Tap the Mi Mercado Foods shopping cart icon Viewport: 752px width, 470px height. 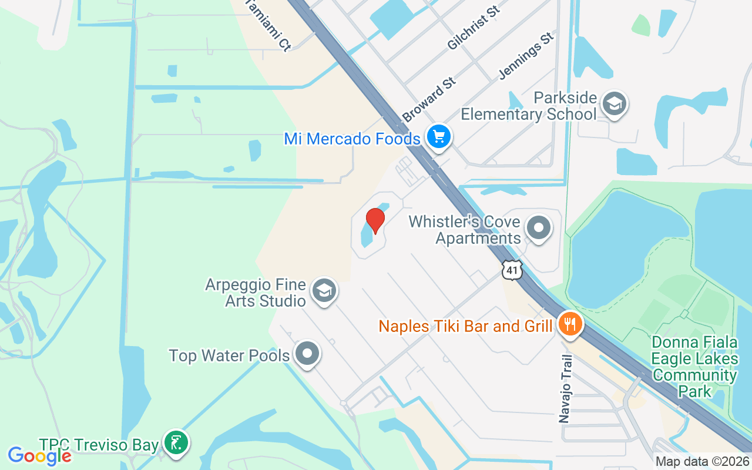[438, 137]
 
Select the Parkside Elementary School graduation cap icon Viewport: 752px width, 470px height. [614, 104]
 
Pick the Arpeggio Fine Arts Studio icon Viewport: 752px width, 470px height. [323, 291]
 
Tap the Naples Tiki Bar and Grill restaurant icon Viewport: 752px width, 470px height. [568, 323]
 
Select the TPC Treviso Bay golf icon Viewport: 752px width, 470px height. [176, 443]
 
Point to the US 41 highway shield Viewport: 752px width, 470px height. [512, 270]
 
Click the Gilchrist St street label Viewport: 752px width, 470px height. [474, 28]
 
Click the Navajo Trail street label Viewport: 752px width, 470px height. [565, 388]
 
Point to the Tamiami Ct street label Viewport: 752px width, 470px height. [267, 24]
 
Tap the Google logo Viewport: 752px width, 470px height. [39, 455]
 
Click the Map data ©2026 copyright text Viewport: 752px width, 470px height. [703, 462]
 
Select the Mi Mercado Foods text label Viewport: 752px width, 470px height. [352, 139]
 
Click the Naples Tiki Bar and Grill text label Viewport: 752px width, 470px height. [465, 326]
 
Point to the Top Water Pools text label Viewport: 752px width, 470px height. [229, 355]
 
